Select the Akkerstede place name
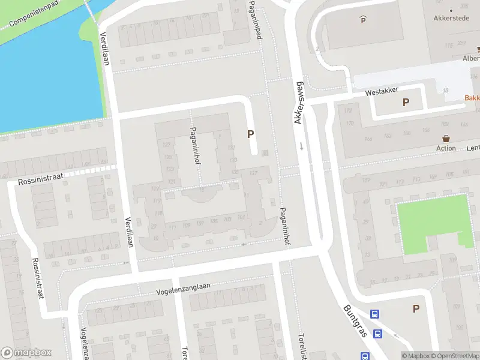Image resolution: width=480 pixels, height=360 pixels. [x=451, y=18]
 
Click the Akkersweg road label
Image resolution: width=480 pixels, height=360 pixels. [x=299, y=102]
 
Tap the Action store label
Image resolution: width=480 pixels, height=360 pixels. [x=446, y=148]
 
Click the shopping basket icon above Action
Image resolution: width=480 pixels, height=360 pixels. [x=446, y=138]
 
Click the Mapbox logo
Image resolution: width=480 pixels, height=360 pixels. [x=26, y=353]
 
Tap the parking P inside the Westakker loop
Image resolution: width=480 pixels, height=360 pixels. [x=406, y=103]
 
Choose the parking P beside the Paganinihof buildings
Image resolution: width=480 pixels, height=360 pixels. [x=250, y=135]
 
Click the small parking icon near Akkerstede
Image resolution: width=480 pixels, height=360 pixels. [x=362, y=20]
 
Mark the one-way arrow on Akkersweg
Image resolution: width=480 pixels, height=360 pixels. [x=301, y=146]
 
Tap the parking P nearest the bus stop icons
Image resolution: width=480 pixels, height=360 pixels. [x=415, y=308]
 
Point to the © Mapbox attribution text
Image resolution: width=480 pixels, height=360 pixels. [x=416, y=356]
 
